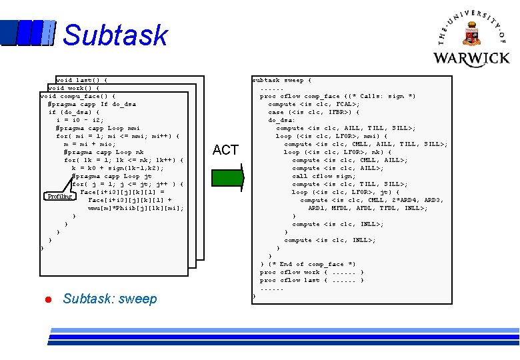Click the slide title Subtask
pos(115,35)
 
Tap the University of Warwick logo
pos(471,38)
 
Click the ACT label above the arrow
pos(225,150)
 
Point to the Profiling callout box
pos(59,197)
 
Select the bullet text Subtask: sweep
pos(110,299)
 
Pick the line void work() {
pos(74,88)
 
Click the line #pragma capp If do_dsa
pos(92,104)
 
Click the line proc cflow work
pos(311,272)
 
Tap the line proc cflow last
pos(311,280)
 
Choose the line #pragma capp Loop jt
pos(111,176)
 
